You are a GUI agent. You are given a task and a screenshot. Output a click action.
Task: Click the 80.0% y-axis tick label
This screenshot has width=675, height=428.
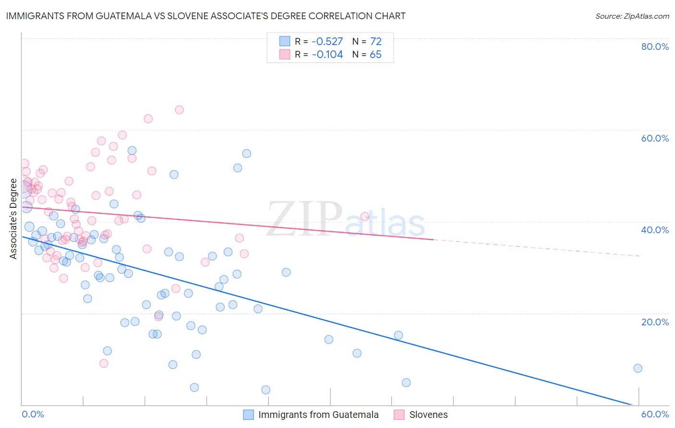(x=655, y=47)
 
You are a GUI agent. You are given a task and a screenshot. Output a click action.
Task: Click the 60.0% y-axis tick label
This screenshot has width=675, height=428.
(x=655, y=138)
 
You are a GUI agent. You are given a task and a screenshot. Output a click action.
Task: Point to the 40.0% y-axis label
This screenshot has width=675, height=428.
(x=655, y=230)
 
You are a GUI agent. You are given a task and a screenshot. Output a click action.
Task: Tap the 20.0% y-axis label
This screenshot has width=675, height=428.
(x=655, y=321)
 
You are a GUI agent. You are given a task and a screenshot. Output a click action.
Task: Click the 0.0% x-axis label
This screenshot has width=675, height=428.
(x=33, y=414)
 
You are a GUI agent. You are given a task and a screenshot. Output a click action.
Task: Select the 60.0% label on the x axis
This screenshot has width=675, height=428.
(x=655, y=414)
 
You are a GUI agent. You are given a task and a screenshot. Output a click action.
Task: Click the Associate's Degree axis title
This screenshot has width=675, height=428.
(x=13, y=219)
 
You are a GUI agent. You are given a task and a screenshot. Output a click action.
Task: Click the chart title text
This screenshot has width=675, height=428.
(x=205, y=16)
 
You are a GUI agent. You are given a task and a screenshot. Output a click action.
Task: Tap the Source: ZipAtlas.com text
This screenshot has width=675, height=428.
(x=632, y=16)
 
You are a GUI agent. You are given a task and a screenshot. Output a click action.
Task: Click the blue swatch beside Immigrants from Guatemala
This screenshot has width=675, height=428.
(x=248, y=415)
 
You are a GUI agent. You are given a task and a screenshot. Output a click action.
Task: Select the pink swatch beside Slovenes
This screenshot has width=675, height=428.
(x=399, y=415)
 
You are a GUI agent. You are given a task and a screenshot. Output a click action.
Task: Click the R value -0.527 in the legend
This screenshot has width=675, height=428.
(x=327, y=41)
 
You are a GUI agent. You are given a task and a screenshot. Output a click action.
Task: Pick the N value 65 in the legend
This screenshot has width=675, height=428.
(x=375, y=55)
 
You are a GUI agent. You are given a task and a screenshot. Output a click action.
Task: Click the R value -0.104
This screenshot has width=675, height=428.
(x=327, y=55)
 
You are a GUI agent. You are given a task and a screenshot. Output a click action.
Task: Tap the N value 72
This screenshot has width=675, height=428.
(x=375, y=41)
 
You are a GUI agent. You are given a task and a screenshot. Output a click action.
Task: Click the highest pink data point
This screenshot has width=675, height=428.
(x=179, y=109)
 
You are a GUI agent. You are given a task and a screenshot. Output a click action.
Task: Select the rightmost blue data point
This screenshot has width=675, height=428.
(x=638, y=368)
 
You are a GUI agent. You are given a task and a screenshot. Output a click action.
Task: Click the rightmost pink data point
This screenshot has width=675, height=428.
(x=365, y=216)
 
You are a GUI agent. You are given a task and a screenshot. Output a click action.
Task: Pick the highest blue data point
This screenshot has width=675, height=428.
(x=132, y=151)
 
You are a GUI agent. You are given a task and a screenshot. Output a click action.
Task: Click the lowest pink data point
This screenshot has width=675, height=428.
(x=104, y=363)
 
